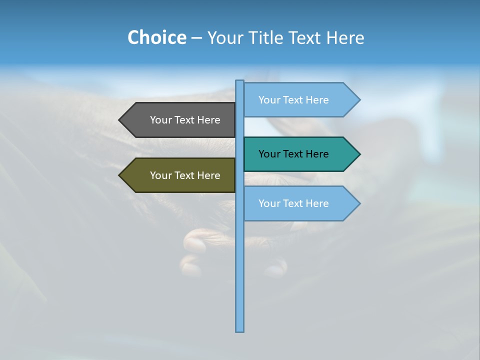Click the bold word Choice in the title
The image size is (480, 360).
[x=156, y=37]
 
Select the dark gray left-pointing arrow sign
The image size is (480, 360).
[x=180, y=120]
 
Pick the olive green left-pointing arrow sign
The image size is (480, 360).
[x=180, y=175]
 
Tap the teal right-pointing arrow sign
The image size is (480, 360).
[x=300, y=154]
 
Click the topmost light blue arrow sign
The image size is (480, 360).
[x=300, y=100]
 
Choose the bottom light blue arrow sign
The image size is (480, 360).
[x=300, y=203]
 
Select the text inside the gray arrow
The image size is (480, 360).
[x=185, y=120]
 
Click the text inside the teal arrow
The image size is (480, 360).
[x=293, y=154]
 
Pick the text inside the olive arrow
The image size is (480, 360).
[x=185, y=175]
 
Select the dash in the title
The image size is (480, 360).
[x=196, y=38]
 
